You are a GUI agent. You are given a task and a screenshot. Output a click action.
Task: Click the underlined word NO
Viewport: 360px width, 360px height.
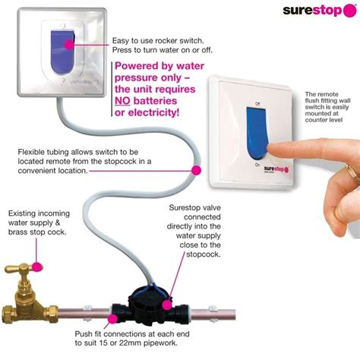(x=125, y=99)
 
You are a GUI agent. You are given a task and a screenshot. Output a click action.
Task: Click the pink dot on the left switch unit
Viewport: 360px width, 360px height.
(x=69, y=43)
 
